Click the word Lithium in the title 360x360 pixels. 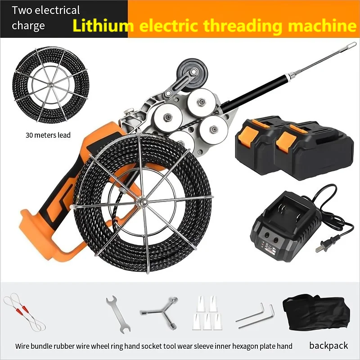[102, 26]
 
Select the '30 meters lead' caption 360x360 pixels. [48, 135]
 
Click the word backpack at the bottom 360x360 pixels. [328, 346]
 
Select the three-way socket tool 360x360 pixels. [158, 310]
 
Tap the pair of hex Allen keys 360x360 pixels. [255, 315]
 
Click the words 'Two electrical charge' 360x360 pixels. [45, 18]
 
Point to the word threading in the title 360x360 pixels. [239, 26]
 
